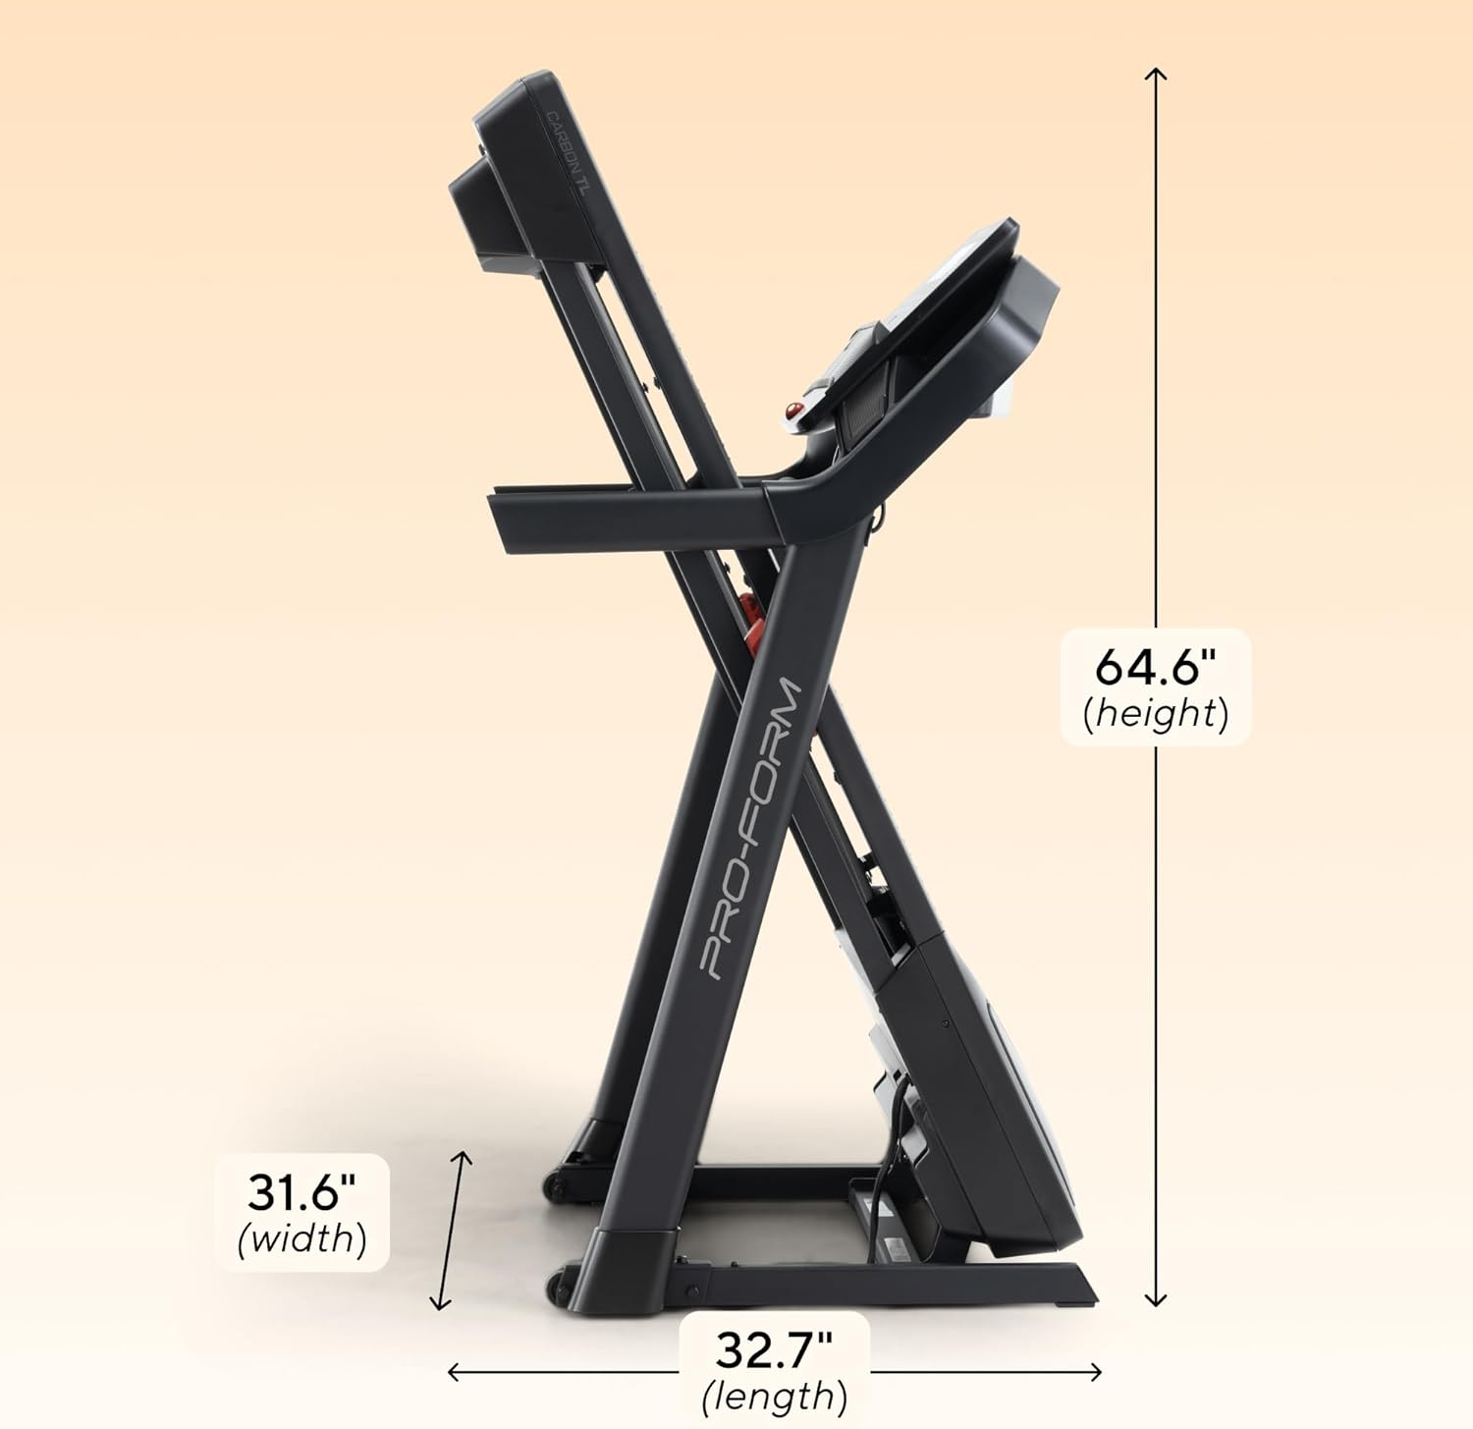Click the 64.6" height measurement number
pos(1155,668)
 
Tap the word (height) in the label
pos(1156,714)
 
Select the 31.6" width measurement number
pos(300,1193)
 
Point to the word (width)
pos(301,1238)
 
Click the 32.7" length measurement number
pos(773,1350)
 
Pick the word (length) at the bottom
pos(774,1396)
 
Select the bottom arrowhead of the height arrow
pos(1156,1302)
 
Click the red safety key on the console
pos(791,410)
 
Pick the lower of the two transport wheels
pos(559,1282)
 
